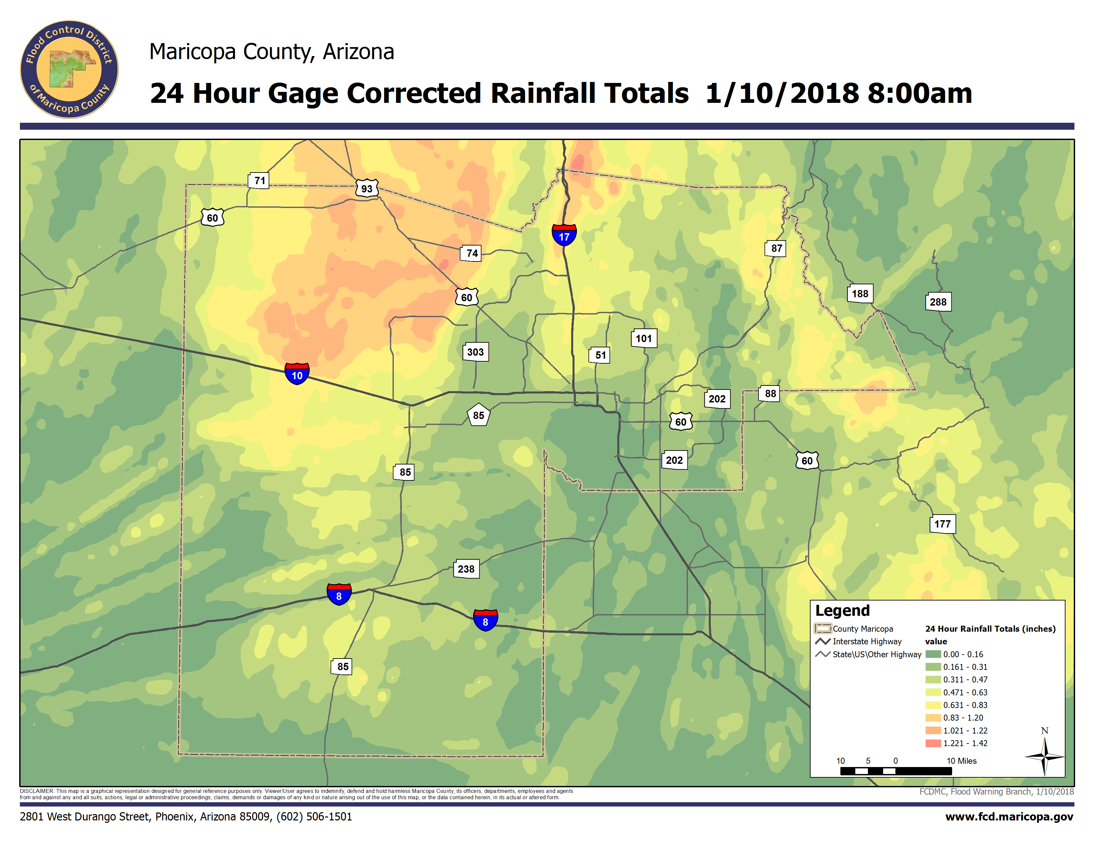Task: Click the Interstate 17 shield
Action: click(x=564, y=235)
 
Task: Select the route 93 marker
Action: click(x=367, y=188)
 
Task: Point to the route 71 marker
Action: click(x=259, y=180)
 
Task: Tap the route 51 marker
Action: click(x=600, y=355)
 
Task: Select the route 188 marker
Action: click(x=860, y=294)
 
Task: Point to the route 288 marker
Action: click(x=938, y=302)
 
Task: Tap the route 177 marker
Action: click(x=942, y=524)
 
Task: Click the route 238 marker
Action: click(x=466, y=569)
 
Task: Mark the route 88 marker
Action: click(x=770, y=394)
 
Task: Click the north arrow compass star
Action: click(x=1044, y=756)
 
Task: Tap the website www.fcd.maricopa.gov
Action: click(x=1009, y=817)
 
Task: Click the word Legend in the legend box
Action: click(x=842, y=611)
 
